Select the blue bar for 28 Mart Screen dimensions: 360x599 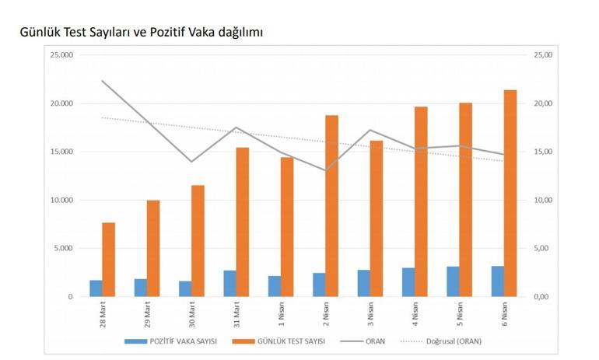coord(96,288)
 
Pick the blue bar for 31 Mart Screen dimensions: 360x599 coord(229,283)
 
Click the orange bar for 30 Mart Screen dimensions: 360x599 coord(198,240)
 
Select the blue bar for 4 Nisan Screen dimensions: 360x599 coord(408,282)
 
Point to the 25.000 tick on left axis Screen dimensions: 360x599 coord(62,55)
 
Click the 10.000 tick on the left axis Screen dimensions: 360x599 coord(62,200)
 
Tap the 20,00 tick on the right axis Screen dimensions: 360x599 coord(542,103)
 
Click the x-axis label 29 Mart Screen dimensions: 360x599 coord(147,315)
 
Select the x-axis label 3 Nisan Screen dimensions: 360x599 coord(370,315)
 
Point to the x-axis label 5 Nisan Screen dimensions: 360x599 coord(460,315)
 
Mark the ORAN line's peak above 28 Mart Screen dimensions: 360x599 coord(103,81)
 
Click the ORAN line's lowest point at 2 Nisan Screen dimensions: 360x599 coord(325,170)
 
